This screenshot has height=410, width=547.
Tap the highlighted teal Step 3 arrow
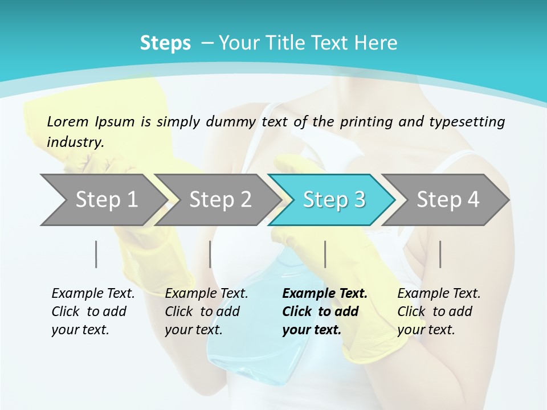(x=333, y=200)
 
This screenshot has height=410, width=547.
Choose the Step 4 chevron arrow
(x=447, y=200)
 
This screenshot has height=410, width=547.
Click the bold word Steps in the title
(x=165, y=43)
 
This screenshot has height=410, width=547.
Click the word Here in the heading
(x=375, y=43)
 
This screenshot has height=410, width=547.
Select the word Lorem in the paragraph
(x=67, y=121)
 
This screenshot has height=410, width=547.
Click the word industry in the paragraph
(x=75, y=142)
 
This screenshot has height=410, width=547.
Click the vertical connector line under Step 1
(x=96, y=254)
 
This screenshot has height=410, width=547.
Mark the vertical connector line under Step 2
(x=210, y=254)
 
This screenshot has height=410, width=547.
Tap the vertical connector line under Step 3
(x=325, y=254)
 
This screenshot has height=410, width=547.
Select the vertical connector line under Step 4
(x=440, y=254)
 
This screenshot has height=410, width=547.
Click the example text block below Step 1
(x=93, y=311)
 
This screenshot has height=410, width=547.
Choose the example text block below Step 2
(x=206, y=311)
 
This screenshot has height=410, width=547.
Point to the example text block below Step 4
(x=439, y=311)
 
